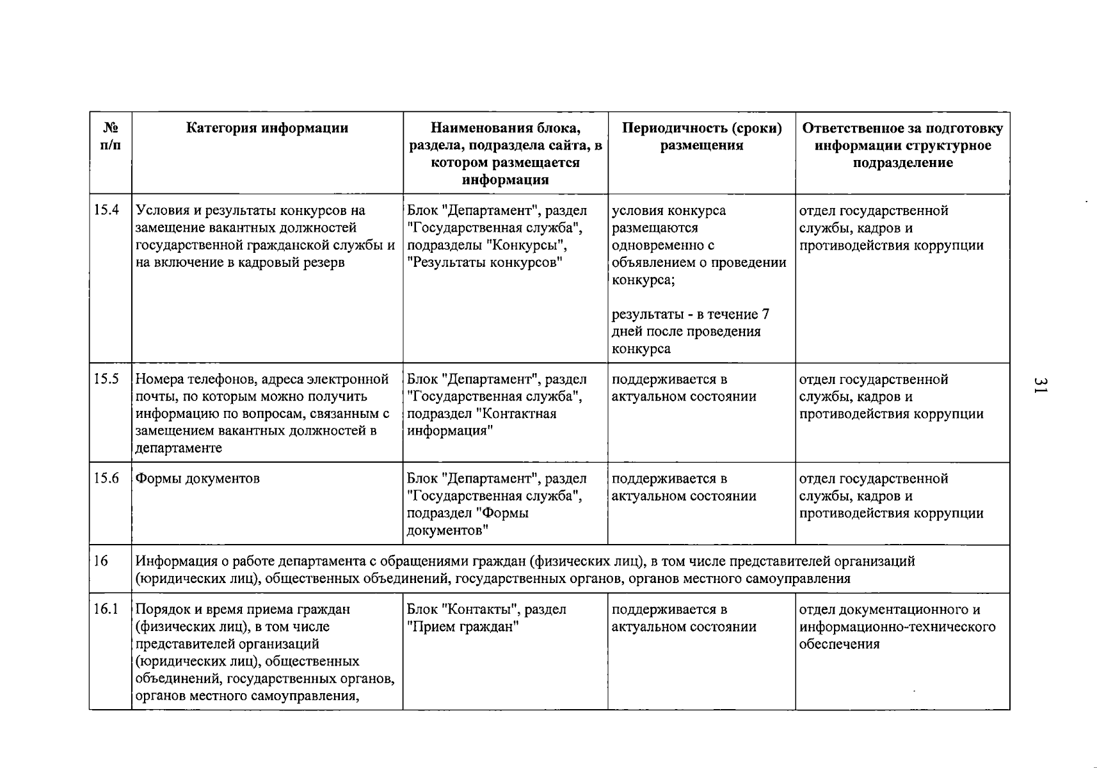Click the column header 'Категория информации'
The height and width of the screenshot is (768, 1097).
coord(267,128)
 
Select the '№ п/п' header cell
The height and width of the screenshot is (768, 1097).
coord(110,136)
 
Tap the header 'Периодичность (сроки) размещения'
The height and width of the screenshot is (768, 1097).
coord(701,136)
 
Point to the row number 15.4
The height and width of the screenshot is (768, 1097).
coord(106,211)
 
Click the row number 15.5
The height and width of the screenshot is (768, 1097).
coord(106,379)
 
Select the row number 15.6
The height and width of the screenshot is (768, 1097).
coord(106,478)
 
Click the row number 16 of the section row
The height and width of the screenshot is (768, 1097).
coord(100,561)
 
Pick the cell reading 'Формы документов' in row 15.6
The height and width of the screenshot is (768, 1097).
coord(198,479)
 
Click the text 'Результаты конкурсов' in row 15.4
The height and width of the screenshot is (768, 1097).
coord(487,262)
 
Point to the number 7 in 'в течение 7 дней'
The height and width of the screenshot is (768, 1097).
coord(765,314)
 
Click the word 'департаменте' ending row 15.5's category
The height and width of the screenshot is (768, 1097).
coord(179,448)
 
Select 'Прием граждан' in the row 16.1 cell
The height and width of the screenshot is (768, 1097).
coord(463,627)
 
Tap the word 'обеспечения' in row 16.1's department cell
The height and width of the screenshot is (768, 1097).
coord(839,644)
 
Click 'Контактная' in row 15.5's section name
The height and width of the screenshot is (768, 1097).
coord(518,413)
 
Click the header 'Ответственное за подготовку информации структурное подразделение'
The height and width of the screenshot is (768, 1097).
coord(902,145)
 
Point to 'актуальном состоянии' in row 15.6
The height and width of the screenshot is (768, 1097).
coord(684,496)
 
